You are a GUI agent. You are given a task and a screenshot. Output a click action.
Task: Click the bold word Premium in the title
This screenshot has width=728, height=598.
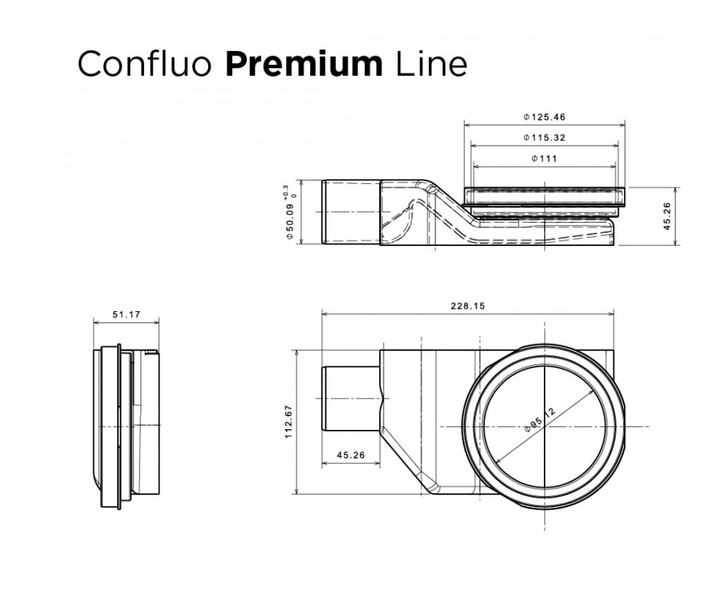coord(304,64)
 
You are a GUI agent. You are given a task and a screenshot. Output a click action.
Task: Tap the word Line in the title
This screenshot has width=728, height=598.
coord(431,64)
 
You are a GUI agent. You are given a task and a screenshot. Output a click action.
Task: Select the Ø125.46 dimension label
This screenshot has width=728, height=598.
coord(545,116)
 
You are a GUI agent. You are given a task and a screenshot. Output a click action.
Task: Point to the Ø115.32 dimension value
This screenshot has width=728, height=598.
coord(545,137)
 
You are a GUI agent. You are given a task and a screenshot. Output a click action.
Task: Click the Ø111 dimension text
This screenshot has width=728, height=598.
coord(545,159)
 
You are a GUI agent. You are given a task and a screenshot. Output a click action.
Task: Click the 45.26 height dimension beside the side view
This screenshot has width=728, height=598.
coord(668,216)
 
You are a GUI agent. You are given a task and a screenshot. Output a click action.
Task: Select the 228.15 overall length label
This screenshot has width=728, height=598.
coord(467,306)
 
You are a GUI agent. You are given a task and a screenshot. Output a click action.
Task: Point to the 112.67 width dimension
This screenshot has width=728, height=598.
coord(288,421)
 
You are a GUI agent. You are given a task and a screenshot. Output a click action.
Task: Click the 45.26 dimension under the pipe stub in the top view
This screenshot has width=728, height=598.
coord(350,456)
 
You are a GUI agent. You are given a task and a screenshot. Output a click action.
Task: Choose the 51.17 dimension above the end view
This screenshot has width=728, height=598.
coord(126,315)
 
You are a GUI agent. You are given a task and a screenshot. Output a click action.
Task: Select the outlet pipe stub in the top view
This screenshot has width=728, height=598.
coord(350,398)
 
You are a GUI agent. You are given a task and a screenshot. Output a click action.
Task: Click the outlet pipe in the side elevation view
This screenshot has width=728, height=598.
coord(350,212)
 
